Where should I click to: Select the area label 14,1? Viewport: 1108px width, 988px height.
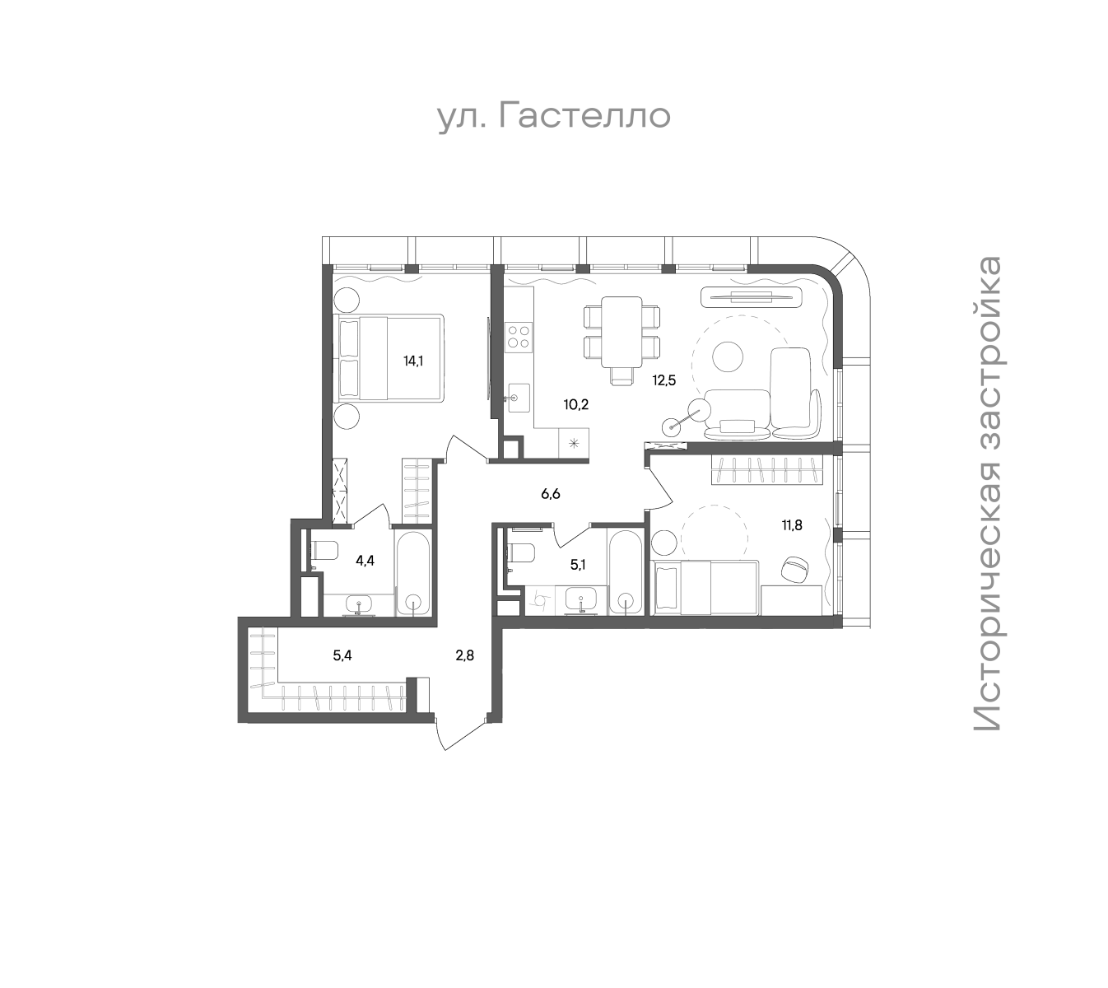click(x=413, y=361)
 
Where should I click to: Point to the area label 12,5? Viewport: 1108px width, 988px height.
click(x=664, y=380)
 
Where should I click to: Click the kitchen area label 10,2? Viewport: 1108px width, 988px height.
click(x=576, y=404)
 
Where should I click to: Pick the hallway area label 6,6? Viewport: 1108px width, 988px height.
click(x=550, y=494)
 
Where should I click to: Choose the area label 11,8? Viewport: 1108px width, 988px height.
click(x=792, y=526)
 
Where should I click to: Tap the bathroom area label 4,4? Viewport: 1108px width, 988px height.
click(x=365, y=561)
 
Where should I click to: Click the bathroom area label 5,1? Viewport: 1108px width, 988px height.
click(x=578, y=565)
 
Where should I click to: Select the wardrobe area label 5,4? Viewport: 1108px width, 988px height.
click(x=342, y=655)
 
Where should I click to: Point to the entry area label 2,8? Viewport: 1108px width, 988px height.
click(x=465, y=655)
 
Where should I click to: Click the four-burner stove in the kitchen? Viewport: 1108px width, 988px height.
click(x=519, y=337)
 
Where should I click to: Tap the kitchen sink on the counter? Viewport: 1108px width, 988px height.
click(x=519, y=398)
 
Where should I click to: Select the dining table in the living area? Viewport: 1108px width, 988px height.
click(x=622, y=332)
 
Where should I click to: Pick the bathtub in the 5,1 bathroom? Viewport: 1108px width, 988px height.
click(x=625, y=571)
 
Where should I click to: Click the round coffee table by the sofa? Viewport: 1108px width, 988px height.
click(x=728, y=357)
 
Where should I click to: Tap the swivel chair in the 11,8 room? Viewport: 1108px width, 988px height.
click(x=797, y=569)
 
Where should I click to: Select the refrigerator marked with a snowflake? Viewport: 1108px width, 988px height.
click(x=574, y=443)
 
